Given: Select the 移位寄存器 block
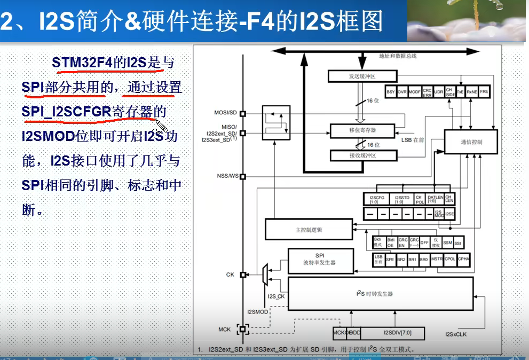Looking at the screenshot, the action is tap(362, 130).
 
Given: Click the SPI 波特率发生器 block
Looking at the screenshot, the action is tap(320, 260).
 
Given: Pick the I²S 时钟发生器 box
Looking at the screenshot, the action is tap(381, 294).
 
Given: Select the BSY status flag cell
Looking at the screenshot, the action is tap(390, 92).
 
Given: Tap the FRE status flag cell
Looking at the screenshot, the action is tap(484, 92).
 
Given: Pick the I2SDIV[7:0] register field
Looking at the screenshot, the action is tap(394, 333).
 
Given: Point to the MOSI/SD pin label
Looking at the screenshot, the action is tap(225, 113).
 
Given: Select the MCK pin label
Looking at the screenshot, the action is tap(225, 329).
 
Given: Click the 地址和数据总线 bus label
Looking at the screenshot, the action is tap(397, 56).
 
